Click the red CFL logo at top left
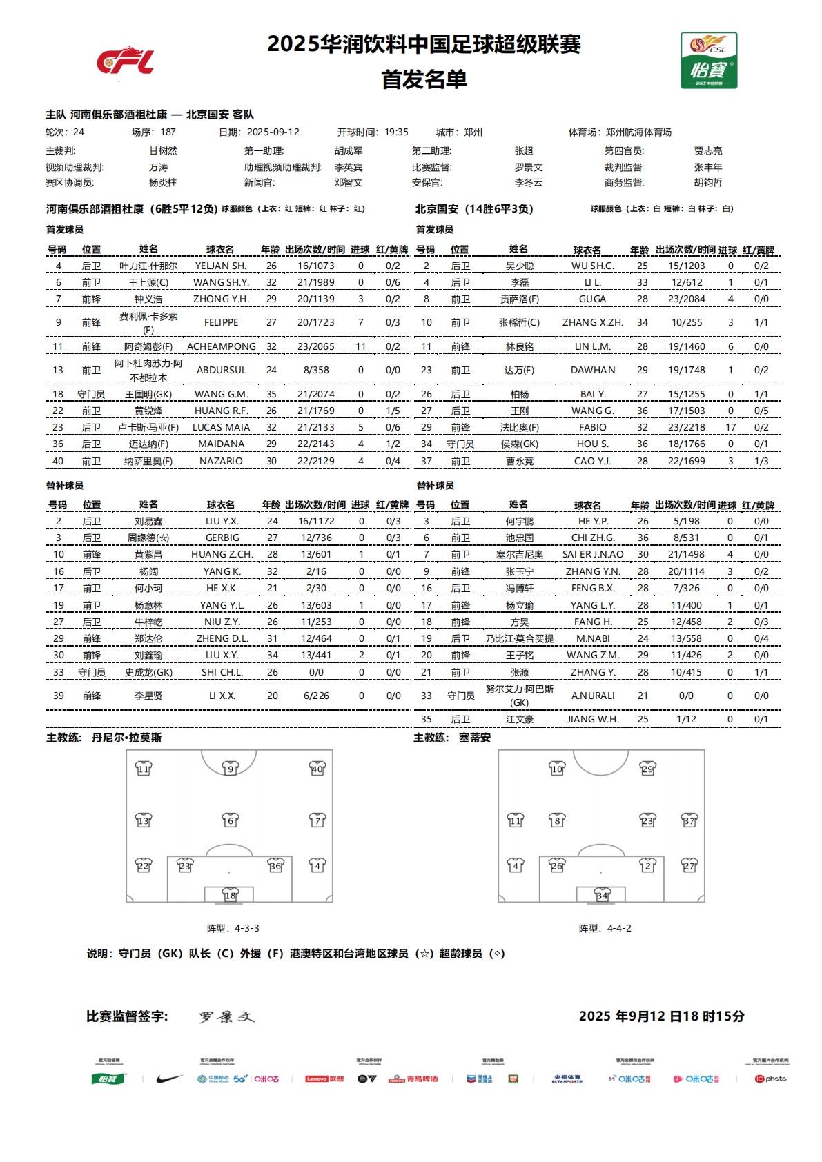click(x=125, y=61)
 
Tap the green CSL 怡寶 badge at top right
click(x=709, y=61)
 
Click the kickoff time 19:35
click(x=396, y=132)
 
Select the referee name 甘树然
click(x=163, y=150)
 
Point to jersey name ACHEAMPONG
click(x=221, y=346)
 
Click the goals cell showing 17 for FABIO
click(x=730, y=427)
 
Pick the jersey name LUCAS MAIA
click(x=221, y=427)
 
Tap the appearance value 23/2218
click(x=686, y=427)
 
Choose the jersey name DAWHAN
click(x=592, y=370)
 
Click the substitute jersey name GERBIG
click(x=222, y=538)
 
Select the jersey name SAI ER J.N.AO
click(x=592, y=554)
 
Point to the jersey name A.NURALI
click(x=592, y=696)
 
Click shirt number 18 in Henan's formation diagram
click(x=230, y=895)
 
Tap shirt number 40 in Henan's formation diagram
click(x=317, y=769)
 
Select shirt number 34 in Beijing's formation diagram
click(x=603, y=895)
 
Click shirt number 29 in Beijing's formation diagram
click(x=647, y=769)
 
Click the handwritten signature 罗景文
click(x=226, y=1017)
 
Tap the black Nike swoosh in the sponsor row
click(x=168, y=1079)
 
